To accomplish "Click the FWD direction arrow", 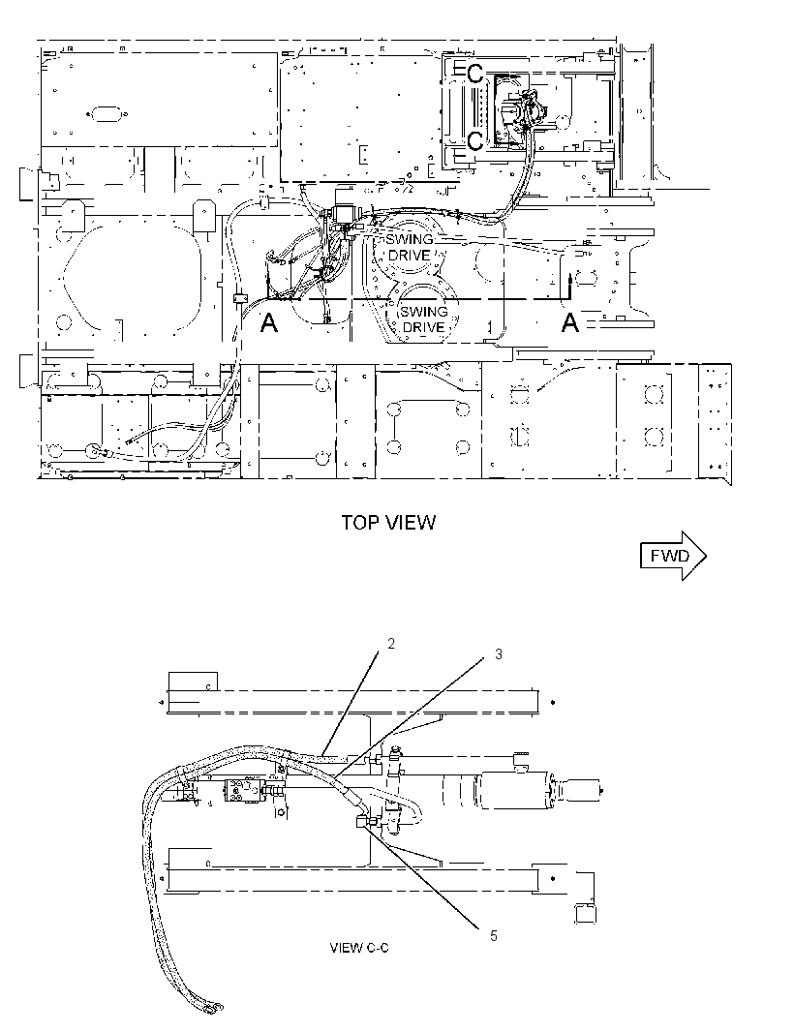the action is point(673,556).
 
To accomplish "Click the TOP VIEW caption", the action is point(388,523).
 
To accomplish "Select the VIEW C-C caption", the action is point(359,948).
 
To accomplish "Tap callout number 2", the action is point(391,644).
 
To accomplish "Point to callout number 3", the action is point(499,654).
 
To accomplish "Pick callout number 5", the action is point(494,936).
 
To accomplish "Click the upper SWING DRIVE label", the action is point(409,248).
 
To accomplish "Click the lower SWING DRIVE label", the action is point(424,319).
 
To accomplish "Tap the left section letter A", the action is point(269,322).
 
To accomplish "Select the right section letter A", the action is point(570,322).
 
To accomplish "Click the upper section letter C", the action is point(474,74).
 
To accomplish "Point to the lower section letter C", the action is point(474,140).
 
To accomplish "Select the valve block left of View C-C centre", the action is point(244,790).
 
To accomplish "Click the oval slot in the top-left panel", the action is point(104,114).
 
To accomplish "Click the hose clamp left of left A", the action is point(239,298).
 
